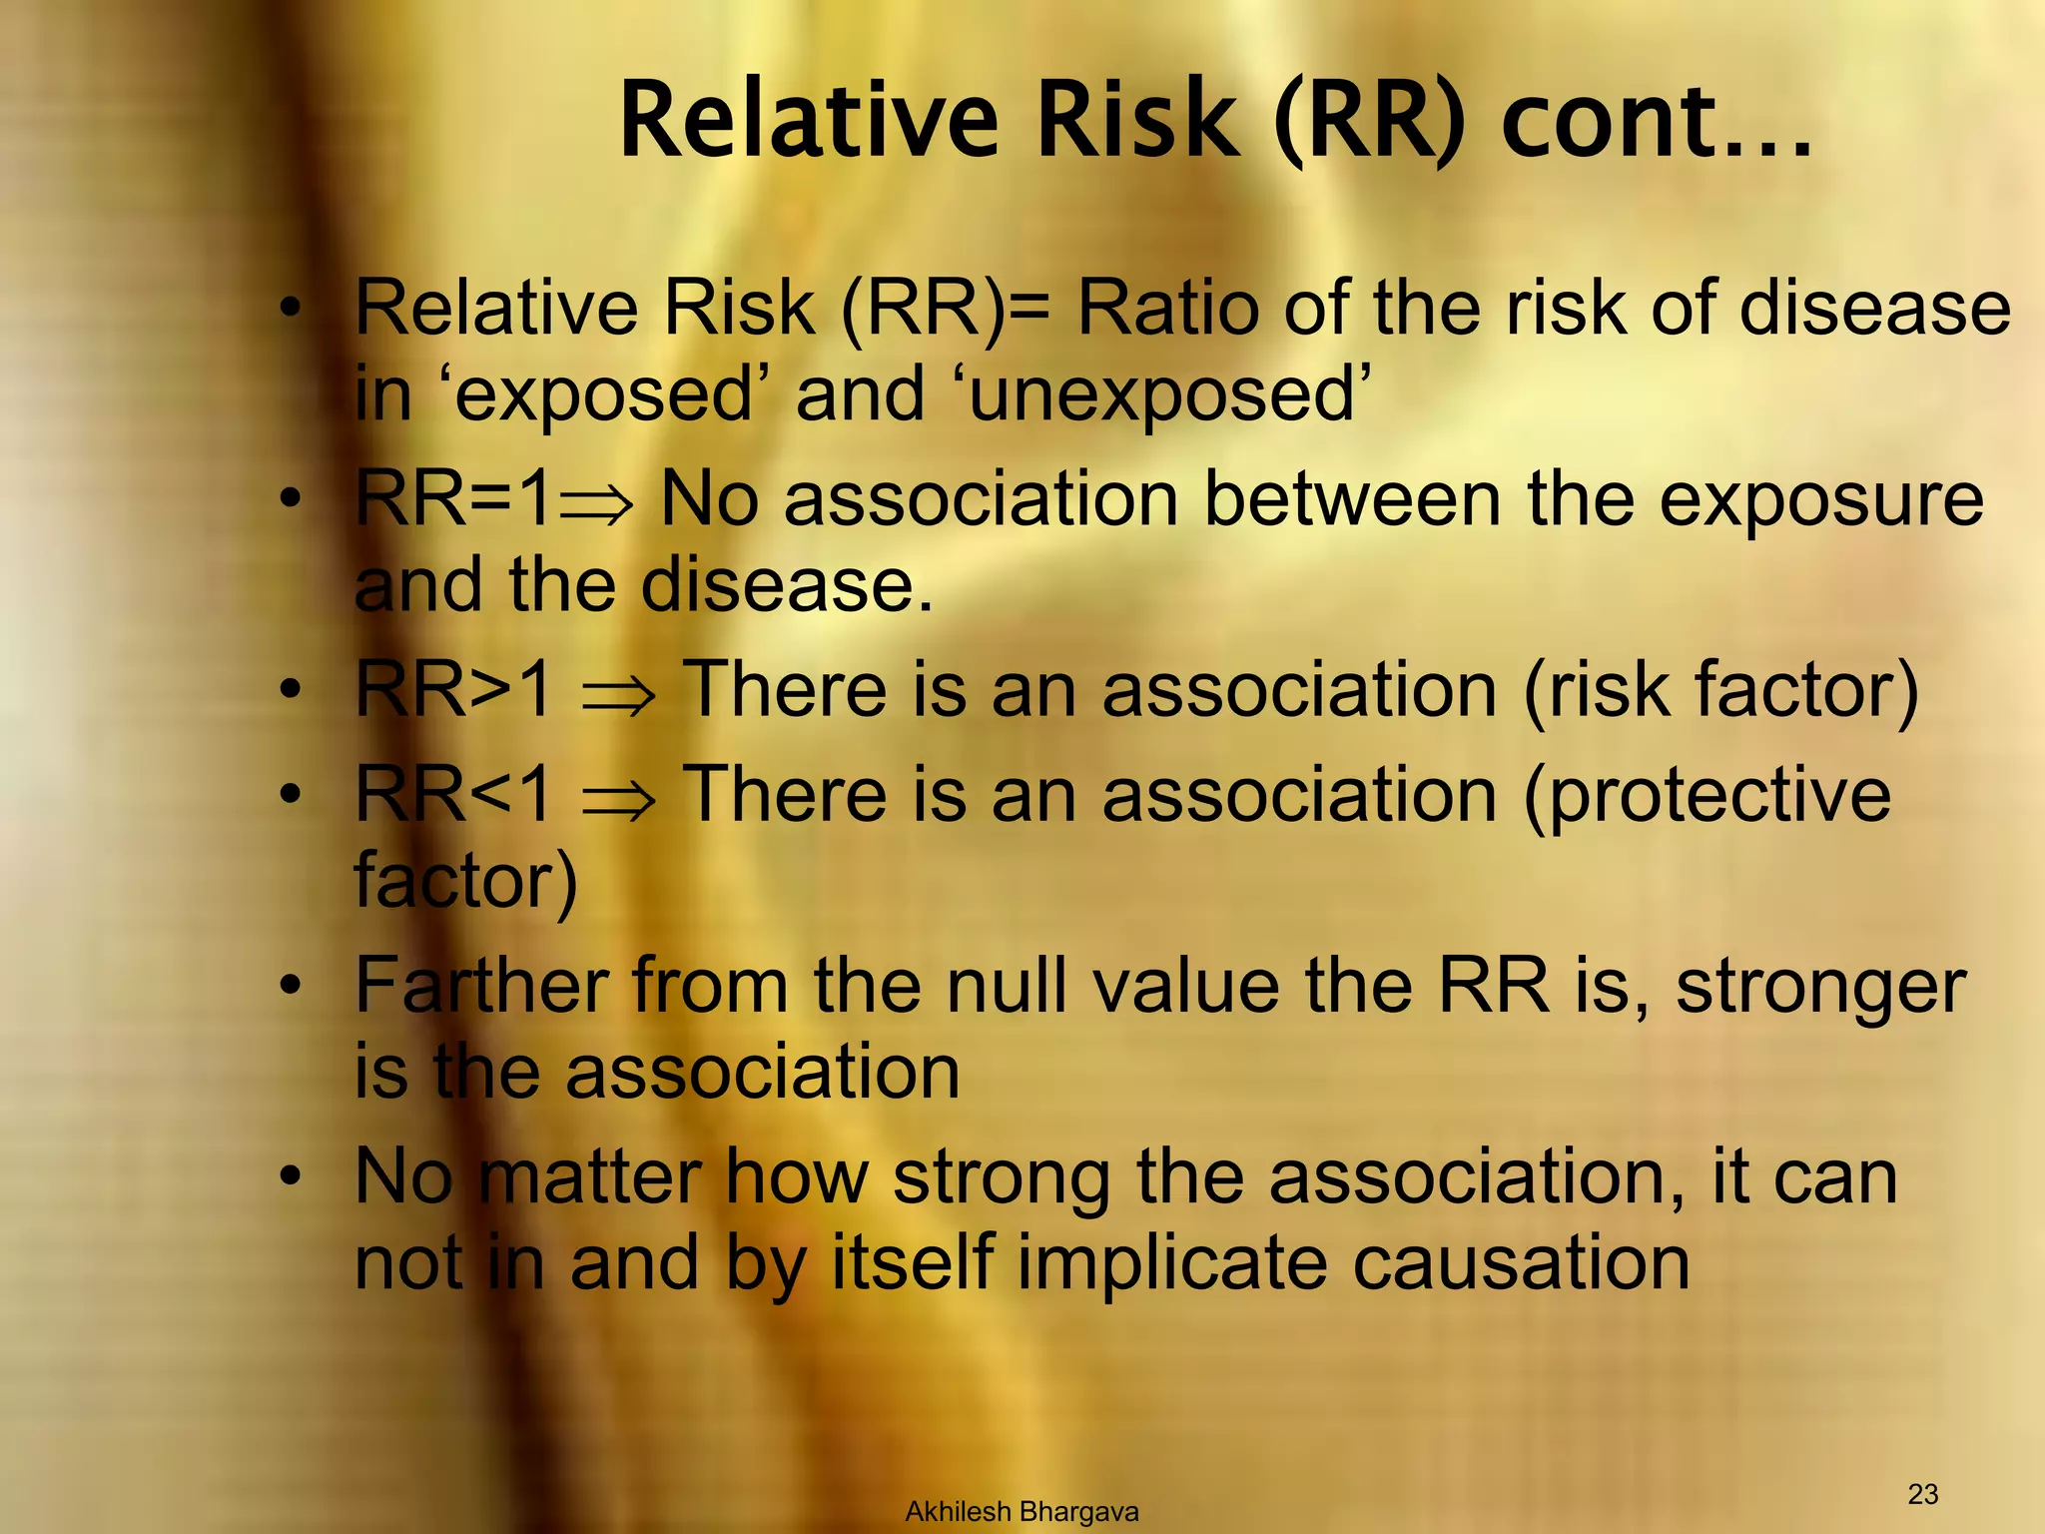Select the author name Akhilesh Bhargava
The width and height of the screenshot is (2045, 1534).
pyautogui.click(x=1022, y=1512)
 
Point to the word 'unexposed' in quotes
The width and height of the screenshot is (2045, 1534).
pyautogui.click(x=1163, y=395)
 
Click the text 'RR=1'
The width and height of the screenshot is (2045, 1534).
pyautogui.click(x=453, y=498)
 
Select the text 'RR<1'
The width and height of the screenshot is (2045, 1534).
pyautogui.click(x=453, y=794)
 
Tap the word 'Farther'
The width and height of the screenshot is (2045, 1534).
pyautogui.click(x=482, y=987)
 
